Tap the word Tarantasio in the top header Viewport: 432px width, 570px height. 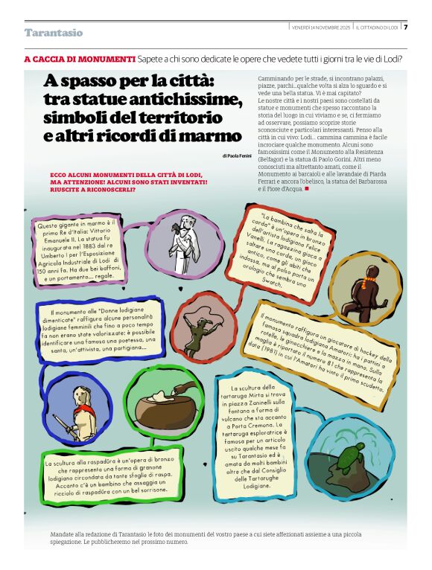point(53,33)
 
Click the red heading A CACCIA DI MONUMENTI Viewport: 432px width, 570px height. point(80,59)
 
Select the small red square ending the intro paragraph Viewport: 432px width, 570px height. point(306,188)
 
